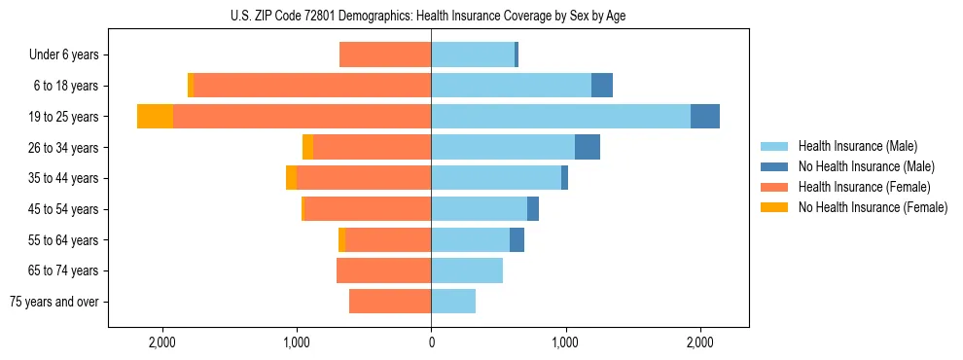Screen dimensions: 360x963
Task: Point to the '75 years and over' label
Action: click(x=54, y=303)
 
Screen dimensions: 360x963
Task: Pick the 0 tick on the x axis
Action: click(x=431, y=343)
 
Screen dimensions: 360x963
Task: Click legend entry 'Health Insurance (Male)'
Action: click(x=857, y=146)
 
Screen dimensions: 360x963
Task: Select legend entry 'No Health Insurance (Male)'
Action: click(x=865, y=166)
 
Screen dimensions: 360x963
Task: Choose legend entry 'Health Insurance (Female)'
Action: click(x=864, y=187)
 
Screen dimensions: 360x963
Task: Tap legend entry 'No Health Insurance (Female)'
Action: click(x=872, y=207)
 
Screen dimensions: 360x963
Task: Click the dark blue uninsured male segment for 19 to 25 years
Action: click(x=705, y=117)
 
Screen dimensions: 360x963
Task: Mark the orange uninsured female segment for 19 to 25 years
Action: click(x=156, y=117)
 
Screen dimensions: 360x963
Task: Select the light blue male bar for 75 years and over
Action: click(x=453, y=302)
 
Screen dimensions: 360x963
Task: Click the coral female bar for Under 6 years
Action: click(x=385, y=54)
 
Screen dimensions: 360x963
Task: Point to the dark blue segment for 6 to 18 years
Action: click(x=602, y=86)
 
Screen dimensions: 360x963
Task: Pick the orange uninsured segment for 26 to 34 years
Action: click(x=308, y=147)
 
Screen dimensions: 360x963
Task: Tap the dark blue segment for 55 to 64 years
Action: click(x=517, y=239)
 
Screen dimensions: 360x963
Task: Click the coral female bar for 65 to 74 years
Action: click(x=384, y=270)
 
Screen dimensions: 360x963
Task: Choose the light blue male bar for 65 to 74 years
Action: click(x=467, y=270)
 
